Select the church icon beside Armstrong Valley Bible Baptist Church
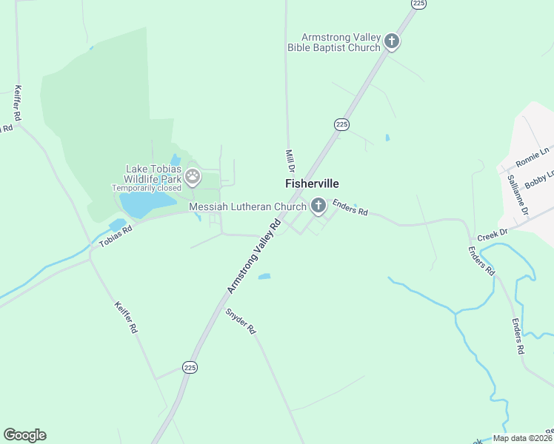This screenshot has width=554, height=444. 392,41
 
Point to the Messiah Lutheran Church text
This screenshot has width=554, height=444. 247,206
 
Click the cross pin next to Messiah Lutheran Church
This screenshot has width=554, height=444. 318,206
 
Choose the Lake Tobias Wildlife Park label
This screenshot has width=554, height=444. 151,174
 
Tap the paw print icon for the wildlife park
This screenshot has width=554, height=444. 193,176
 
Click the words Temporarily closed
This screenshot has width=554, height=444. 147,188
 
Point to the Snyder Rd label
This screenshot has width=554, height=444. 241,320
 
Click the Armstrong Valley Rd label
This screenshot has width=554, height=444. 256,255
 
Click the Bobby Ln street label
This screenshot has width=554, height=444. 538,178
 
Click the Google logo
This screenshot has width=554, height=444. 24,434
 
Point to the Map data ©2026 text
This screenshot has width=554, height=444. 522,438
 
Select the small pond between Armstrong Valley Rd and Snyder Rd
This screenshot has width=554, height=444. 264,277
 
